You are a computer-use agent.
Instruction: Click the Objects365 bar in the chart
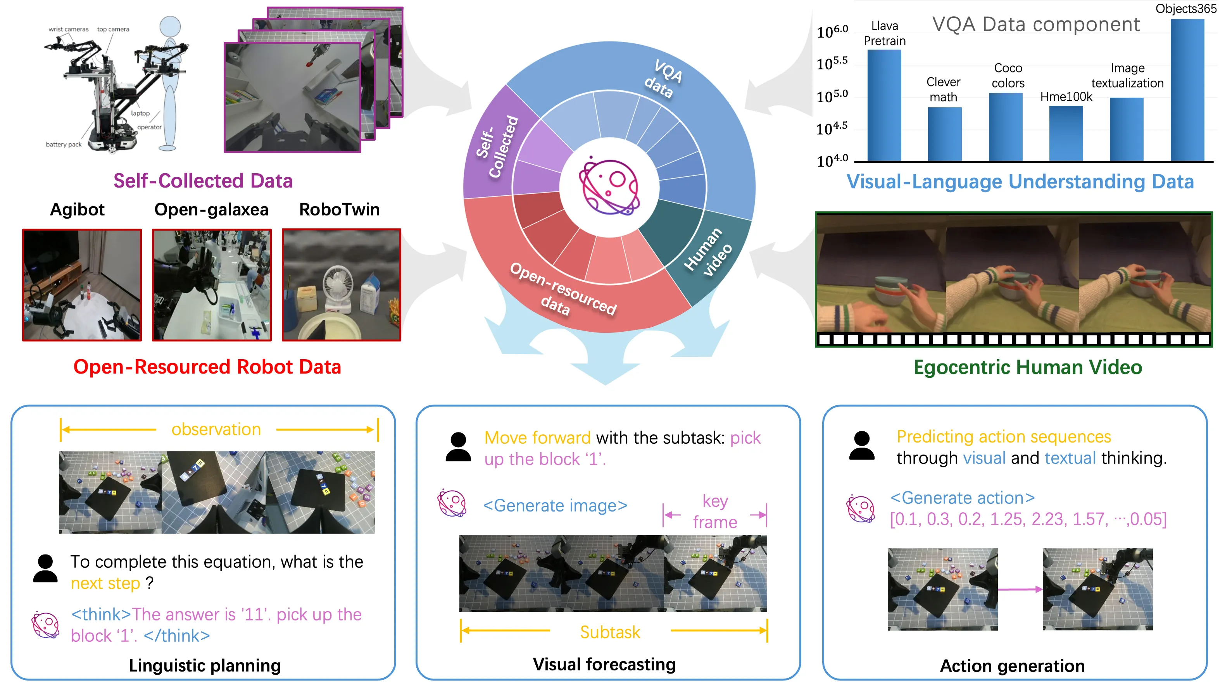point(1187,90)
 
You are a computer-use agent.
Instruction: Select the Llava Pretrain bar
point(884,105)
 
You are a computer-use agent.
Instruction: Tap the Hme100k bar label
point(1066,96)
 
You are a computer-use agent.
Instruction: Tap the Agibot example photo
point(82,285)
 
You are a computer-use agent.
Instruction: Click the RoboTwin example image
point(341,285)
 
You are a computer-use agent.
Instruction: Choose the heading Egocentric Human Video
point(1027,367)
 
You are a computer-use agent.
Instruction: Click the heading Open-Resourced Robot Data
point(207,367)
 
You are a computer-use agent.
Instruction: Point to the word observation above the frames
point(216,429)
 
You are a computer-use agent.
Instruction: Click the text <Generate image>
point(555,505)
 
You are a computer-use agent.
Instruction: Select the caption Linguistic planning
point(204,665)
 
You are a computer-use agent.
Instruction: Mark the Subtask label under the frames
point(610,632)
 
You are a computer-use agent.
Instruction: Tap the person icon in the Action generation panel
point(861,446)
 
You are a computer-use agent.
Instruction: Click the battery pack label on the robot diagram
point(63,145)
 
